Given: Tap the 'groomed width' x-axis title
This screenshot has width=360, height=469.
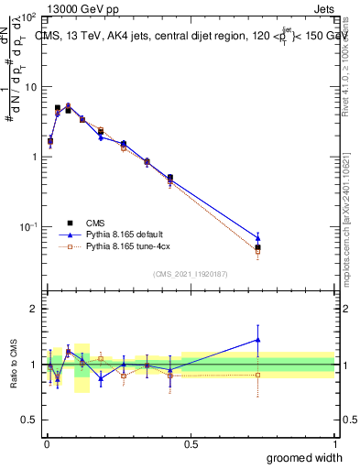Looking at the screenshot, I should point(304,457).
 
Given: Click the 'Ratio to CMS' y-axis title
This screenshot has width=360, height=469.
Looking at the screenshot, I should point(14,364).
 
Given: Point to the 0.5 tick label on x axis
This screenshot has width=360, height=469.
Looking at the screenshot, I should point(191,444).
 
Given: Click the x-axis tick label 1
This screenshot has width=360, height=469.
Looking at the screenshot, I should point(334,444).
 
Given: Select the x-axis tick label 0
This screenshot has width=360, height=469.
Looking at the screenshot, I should point(47,444).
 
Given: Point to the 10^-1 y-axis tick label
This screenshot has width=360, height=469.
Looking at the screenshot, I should point(27,226).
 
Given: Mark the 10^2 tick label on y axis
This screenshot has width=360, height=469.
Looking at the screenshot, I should point(27,17).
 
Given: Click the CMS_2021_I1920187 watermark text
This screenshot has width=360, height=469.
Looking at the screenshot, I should point(191,272).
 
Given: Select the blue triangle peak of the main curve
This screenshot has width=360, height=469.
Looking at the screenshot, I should point(68,105).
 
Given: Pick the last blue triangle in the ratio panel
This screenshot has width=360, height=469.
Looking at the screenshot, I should point(258,340).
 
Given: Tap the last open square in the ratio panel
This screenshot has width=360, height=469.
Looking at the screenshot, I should point(258,375).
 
